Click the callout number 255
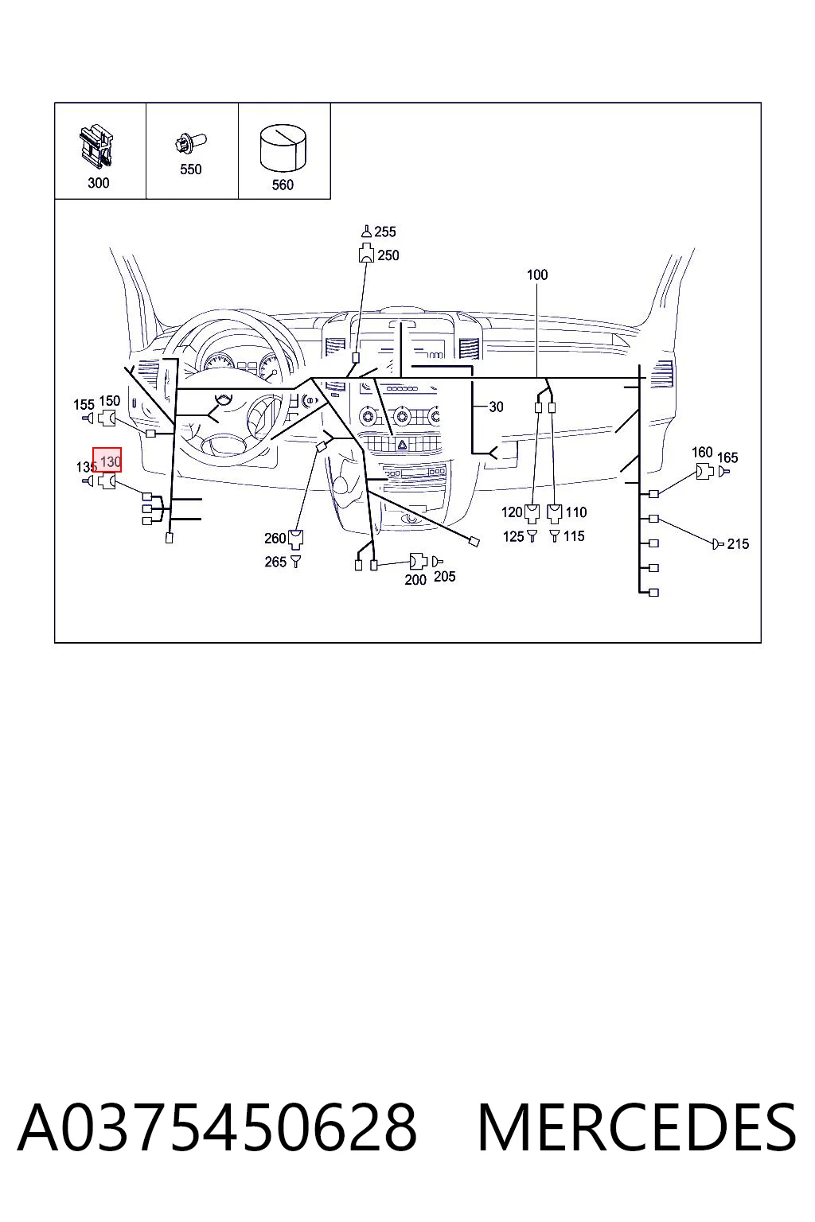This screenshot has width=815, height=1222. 385,232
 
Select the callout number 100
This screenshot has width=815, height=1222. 537,274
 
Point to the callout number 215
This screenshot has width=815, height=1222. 738,544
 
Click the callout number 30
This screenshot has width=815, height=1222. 496,407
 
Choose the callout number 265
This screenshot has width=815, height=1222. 275,562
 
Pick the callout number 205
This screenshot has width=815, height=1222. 444,577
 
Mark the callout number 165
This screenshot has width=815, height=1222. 727,457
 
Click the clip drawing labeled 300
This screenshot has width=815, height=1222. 96,146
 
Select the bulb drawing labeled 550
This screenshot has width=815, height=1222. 190,143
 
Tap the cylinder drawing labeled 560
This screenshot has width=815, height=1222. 283,148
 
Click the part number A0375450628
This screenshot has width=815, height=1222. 217,1128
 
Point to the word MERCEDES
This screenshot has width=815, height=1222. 637,1128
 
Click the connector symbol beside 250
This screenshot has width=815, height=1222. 366,255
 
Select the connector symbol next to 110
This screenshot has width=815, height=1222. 554,513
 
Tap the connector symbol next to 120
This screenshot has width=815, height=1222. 532,513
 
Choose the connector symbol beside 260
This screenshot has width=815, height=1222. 295,539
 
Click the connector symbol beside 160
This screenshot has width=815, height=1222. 704,471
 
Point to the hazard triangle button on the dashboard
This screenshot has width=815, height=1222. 402,445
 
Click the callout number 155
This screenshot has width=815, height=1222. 84,405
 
